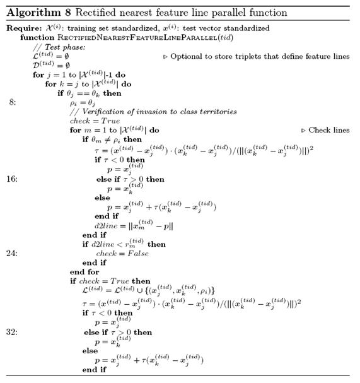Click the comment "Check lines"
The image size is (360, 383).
point(328,130)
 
